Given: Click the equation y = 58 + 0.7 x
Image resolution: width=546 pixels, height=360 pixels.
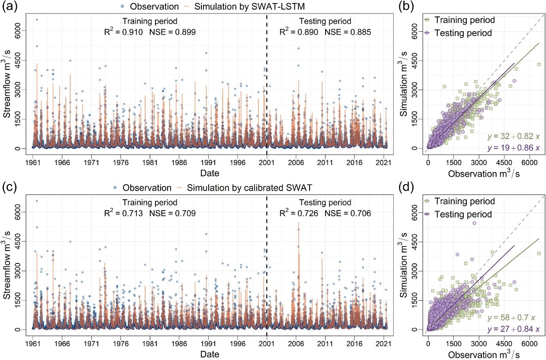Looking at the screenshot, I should click(x=515, y=318).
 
